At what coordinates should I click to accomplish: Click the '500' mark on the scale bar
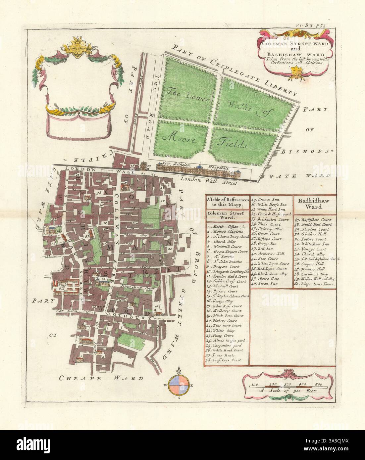318,384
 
